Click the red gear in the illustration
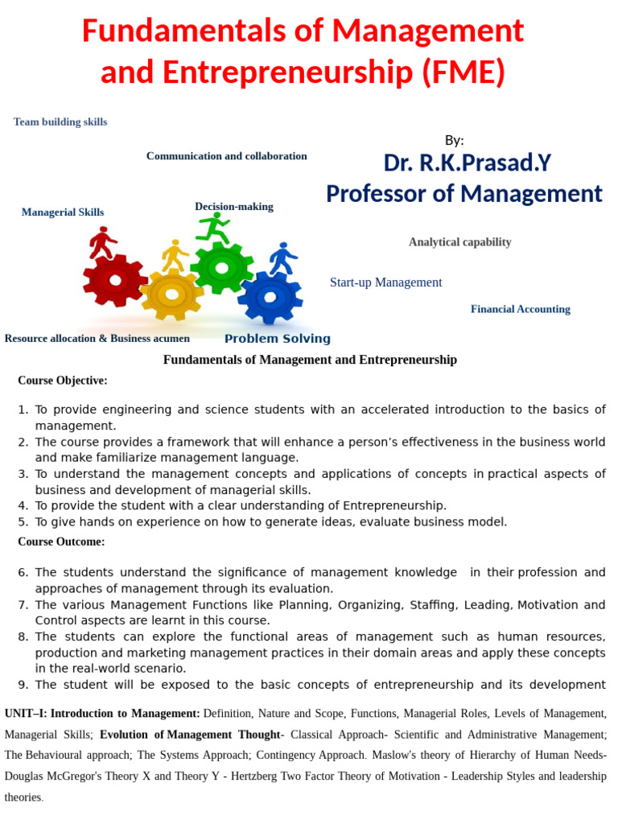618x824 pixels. click(115, 280)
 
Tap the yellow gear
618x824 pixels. click(171, 295)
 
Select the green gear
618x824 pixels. click(221, 267)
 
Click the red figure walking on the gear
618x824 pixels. click(102, 242)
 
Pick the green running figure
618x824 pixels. click(213, 228)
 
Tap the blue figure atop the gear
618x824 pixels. click(282, 258)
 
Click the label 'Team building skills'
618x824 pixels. click(60, 122)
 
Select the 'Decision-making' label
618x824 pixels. click(234, 207)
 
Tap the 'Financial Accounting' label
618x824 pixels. click(520, 309)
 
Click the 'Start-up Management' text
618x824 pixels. click(385, 282)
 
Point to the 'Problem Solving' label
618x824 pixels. click(278, 339)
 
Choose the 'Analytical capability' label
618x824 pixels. click(459, 242)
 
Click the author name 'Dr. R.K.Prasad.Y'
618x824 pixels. click(467, 163)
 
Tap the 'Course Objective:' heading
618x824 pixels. click(63, 381)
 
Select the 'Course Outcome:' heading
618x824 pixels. click(61, 542)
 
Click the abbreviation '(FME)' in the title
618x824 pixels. click(463, 73)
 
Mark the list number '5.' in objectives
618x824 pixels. click(23, 522)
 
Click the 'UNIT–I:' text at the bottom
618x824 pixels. click(26, 714)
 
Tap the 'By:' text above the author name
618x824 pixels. click(454, 140)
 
